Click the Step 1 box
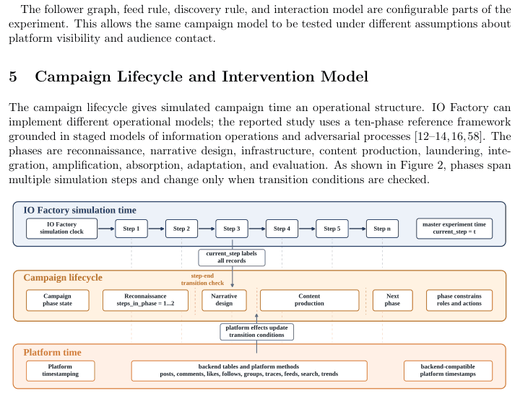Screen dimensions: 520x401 pos(131,229)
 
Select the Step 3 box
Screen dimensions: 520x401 pos(232,229)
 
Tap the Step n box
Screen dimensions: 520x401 pos(382,229)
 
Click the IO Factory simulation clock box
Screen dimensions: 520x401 pos(61,228)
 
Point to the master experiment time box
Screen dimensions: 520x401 pos(454,228)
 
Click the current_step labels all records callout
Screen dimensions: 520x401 pos(232,257)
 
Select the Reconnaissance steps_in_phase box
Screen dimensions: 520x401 pos(145,300)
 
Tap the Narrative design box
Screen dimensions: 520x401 pos(224,300)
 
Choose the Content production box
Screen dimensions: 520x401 pos(309,300)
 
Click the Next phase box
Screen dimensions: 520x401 pos(393,300)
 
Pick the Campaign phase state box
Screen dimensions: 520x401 pos(57,300)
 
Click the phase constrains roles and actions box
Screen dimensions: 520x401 pos(459,300)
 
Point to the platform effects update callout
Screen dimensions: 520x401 pos(256,332)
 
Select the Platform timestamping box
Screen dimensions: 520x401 pos(61,371)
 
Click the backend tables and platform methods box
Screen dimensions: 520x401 pos(249,371)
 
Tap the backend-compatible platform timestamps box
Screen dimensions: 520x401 pos(448,371)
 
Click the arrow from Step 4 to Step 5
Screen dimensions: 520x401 pos(307,229)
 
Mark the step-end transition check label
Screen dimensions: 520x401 pos(202,279)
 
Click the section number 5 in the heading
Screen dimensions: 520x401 pos(13,76)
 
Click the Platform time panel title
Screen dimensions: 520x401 pos(52,352)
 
